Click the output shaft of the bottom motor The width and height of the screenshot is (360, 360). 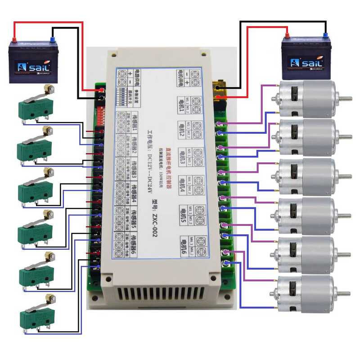point(344,293)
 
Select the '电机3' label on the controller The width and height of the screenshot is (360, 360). point(184,155)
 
